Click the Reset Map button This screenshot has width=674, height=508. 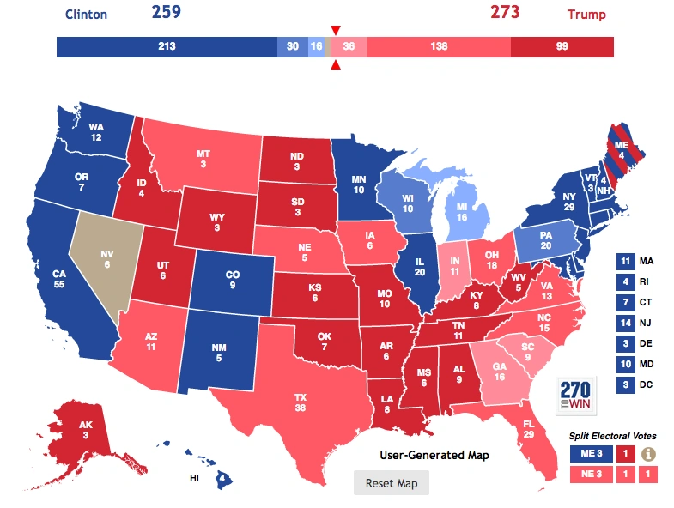(x=391, y=483)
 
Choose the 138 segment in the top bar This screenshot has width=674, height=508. (x=440, y=46)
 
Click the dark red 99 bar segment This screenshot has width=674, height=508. (x=562, y=46)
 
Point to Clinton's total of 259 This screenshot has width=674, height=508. (x=168, y=13)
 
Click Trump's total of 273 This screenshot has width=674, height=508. (x=506, y=13)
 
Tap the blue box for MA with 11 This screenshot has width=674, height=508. (x=625, y=261)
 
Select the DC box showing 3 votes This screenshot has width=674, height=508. (x=625, y=384)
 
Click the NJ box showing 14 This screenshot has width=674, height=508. (x=625, y=323)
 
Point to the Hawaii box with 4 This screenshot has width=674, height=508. (x=222, y=479)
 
